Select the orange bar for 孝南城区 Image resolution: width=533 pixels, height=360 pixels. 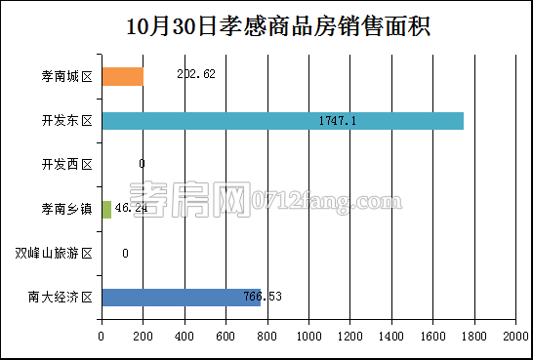coord(122,76)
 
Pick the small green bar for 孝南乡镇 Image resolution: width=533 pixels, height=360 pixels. coord(106,209)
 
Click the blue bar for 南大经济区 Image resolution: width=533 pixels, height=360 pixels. coord(181,297)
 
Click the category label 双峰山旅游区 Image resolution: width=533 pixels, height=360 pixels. coord(55,254)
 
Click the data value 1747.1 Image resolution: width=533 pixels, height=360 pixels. coord(338,121)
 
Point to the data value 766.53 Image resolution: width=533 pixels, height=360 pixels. coord(263,297)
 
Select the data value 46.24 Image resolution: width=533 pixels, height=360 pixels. coord(131,209)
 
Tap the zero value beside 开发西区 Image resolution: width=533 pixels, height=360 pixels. coord(142,165)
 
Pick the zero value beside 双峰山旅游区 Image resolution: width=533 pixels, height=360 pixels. coord(126,254)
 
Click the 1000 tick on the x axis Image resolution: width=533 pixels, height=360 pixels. coord(308,336)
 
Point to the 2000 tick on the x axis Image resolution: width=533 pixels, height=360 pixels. coord(514,336)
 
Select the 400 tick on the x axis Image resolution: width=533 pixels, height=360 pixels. coord(184,336)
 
